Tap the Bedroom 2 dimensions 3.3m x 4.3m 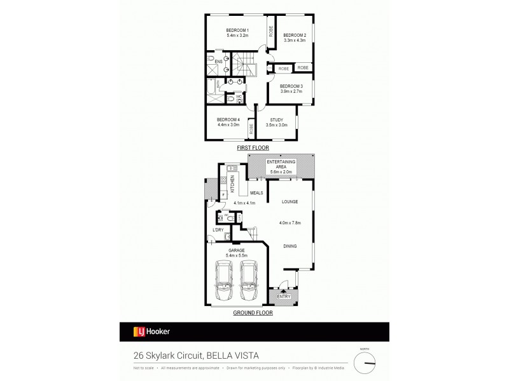[295, 41]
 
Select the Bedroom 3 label [291, 86]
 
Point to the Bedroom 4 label [228, 120]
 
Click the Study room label [276, 120]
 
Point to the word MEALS [256, 192]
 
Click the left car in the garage [225, 282]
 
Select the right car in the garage [251, 282]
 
